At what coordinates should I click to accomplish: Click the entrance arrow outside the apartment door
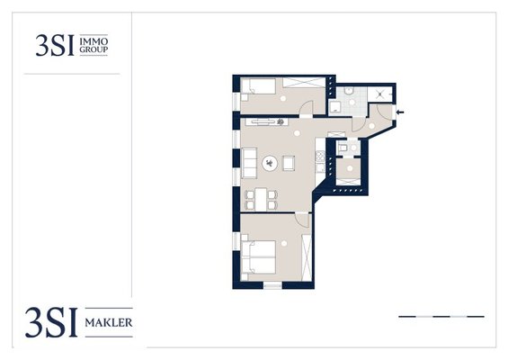pyautogui.click(x=400, y=112)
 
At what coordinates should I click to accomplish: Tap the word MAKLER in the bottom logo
pyautogui.click(x=109, y=323)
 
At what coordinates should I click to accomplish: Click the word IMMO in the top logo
pyautogui.click(x=94, y=41)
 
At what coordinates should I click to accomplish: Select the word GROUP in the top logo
pyautogui.click(x=94, y=49)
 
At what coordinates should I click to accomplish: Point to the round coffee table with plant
pyautogui.click(x=270, y=163)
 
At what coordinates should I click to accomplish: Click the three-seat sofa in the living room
pyautogui.click(x=249, y=163)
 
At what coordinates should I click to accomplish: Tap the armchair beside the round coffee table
pyautogui.click(x=289, y=163)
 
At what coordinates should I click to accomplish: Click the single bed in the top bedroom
pyautogui.click(x=259, y=85)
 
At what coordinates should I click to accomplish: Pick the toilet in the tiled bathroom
pyautogui.click(x=349, y=91)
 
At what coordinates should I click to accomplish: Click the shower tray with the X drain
pyautogui.click(x=379, y=94)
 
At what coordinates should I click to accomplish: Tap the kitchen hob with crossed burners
pyautogui.click(x=320, y=157)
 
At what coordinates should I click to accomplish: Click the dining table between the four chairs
pyautogui.click(x=261, y=199)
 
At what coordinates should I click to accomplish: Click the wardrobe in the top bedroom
pyautogui.click(x=304, y=83)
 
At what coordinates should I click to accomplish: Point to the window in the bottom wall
pyautogui.click(x=272, y=285)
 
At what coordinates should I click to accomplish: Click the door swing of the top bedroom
pyautogui.click(x=307, y=107)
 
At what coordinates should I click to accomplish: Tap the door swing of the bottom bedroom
pyautogui.click(x=303, y=220)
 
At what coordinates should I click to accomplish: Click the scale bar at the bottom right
pyautogui.click(x=441, y=316)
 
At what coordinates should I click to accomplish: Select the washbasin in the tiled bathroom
pyautogui.click(x=334, y=107)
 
